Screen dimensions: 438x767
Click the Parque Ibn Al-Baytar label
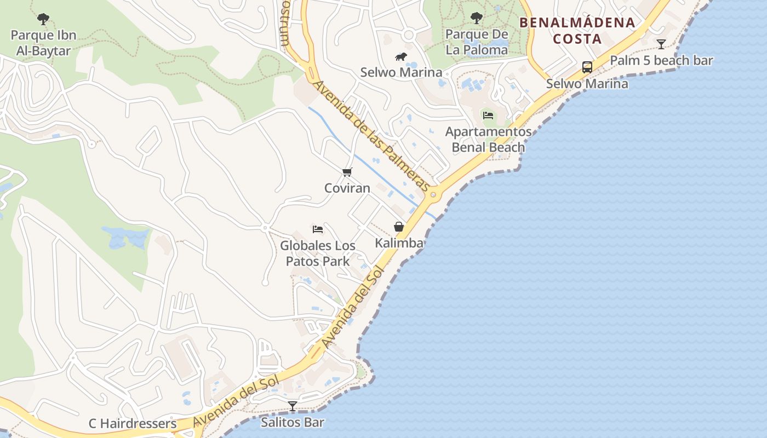(43, 43)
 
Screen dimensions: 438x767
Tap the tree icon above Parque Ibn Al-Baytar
(43, 19)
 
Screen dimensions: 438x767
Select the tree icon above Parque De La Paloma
(477, 18)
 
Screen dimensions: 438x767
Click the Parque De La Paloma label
(477, 42)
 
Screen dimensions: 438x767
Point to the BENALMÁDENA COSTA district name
(577, 31)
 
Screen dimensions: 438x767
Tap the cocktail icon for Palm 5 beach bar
(661, 44)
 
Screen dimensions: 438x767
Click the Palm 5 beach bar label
(661, 60)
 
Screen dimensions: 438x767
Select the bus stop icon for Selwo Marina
(587, 67)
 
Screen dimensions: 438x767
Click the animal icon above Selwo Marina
(401, 57)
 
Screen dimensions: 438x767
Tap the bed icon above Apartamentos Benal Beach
(488, 115)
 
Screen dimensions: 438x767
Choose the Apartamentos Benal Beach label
(488, 140)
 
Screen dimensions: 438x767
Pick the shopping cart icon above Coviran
(347, 172)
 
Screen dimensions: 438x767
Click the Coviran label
(347, 188)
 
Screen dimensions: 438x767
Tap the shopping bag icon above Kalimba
(399, 227)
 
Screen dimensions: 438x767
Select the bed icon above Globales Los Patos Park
(318, 229)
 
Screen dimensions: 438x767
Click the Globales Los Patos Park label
(318, 253)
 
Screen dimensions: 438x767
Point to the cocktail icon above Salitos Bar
(293, 406)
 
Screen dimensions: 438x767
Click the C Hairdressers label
(133, 424)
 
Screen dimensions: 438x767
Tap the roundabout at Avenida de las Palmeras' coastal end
(434, 194)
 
